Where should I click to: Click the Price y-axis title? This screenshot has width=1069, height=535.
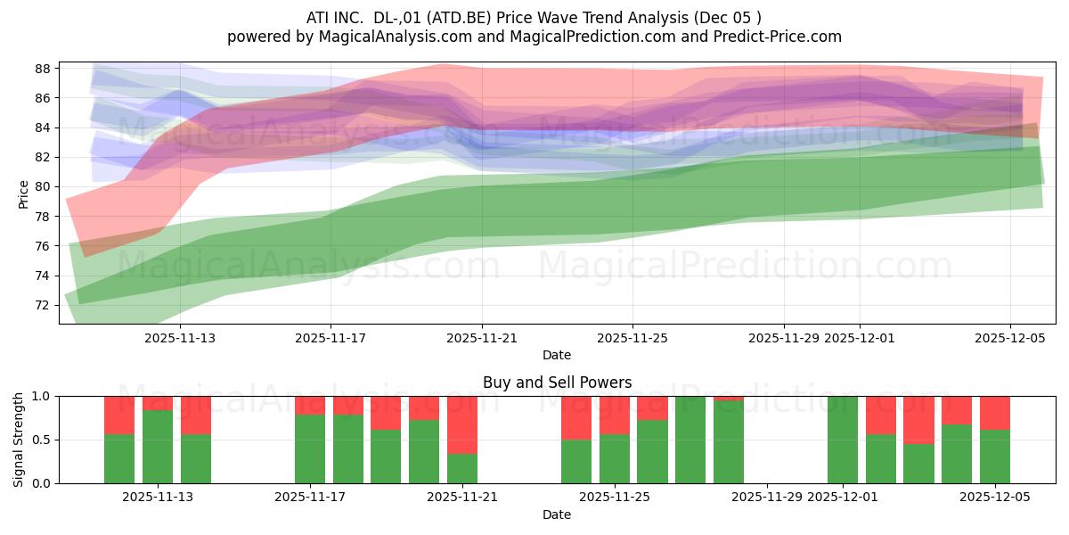click(23, 193)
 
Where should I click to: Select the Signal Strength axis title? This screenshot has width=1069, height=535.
click(19, 439)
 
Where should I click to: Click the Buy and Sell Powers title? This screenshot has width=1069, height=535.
click(557, 383)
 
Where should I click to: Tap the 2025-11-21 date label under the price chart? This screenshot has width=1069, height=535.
click(481, 339)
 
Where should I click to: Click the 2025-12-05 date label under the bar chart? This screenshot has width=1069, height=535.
click(994, 498)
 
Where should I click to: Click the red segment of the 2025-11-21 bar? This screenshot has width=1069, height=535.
click(462, 424)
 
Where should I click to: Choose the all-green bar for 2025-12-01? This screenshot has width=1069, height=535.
click(842, 440)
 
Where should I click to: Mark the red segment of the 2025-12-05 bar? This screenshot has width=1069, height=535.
click(994, 413)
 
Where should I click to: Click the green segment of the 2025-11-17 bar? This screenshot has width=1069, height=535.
click(310, 449)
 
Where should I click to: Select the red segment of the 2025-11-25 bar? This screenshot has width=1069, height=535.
click(614, 415)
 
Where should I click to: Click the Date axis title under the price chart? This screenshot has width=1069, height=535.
click(557, 356)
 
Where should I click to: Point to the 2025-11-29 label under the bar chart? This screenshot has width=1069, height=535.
click(767, 498)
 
